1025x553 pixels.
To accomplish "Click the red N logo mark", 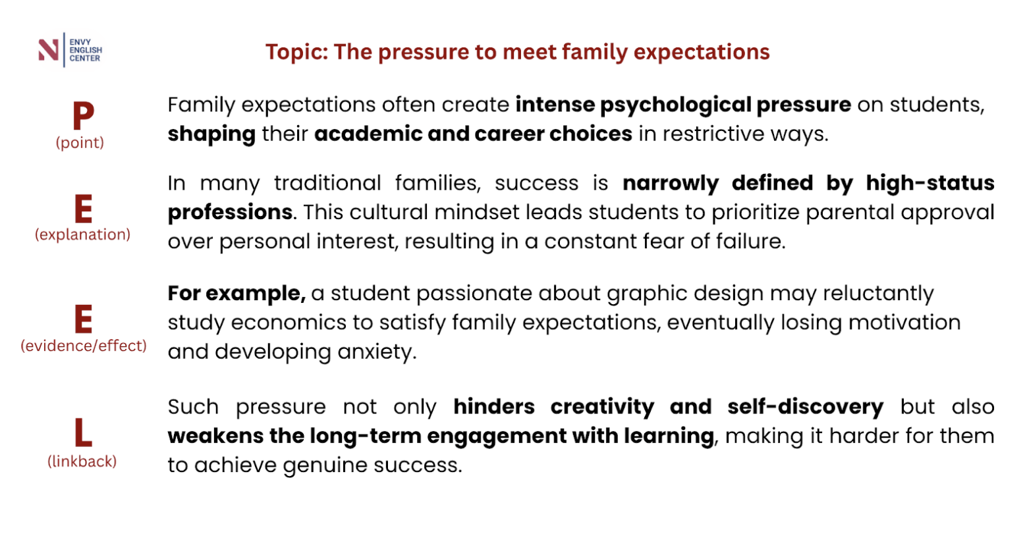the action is [x=49, y=50].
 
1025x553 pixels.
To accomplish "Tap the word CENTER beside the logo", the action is [x=85, y=59].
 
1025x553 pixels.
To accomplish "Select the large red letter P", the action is [x=83, y=115].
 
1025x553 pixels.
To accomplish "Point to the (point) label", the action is [x=80, y=143].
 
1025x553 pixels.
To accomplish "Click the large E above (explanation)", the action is [x=83, y=209].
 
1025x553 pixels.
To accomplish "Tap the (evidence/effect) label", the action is [x=84, y=346].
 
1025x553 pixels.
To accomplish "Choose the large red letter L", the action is [x=83, y=433].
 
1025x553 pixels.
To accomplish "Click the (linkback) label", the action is [x=82, y=461].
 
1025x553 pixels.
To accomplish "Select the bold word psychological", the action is [x=676, y=105].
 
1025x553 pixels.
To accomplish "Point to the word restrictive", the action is [x=714, y=134].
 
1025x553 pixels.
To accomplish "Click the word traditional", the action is [x=327, y=184].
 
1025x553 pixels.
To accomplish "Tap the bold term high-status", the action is [x=930, y=183].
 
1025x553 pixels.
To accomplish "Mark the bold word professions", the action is [x=230, y=213].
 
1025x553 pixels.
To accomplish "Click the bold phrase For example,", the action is [x=236, y=294].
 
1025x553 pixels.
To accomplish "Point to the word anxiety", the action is [x=377, y=352].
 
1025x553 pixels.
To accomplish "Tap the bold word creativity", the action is [x=602, y=408].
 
